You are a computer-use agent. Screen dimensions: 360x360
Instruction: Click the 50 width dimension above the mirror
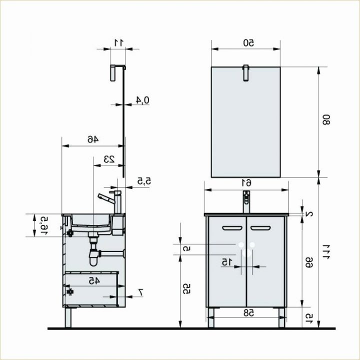[x=246, y=43]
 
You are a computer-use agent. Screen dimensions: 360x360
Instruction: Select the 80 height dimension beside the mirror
[x=326, y=120]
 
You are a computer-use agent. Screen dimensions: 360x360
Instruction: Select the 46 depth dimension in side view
[x=93, y=139]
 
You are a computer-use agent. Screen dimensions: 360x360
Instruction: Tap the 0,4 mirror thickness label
[x=143, y=100]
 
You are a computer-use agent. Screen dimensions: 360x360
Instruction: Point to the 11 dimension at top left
[x=118, y=42]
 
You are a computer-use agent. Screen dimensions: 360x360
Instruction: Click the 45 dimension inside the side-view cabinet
[x=93, y=281]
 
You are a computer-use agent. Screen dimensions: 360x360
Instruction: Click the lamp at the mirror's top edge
[x=245, y=72]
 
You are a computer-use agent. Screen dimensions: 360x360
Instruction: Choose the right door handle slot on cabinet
[x=260, y=228]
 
